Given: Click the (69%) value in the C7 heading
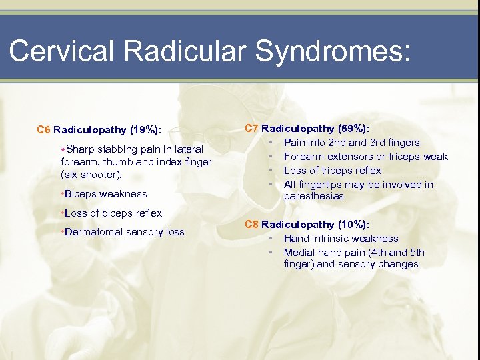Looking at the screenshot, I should (356, 128).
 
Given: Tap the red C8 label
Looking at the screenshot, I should (252, 224).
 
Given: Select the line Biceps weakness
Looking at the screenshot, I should (105, 194).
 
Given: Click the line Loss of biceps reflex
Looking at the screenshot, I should (113, 213).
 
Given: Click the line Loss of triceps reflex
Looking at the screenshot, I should (332, 171).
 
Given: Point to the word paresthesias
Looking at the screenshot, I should (313, 196).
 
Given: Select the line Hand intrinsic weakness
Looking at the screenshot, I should (341, 238).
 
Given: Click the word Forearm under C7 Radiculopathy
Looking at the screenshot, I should (303, 157).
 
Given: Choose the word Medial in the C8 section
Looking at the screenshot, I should (299, 252).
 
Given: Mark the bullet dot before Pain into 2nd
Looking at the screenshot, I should (271, 143).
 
